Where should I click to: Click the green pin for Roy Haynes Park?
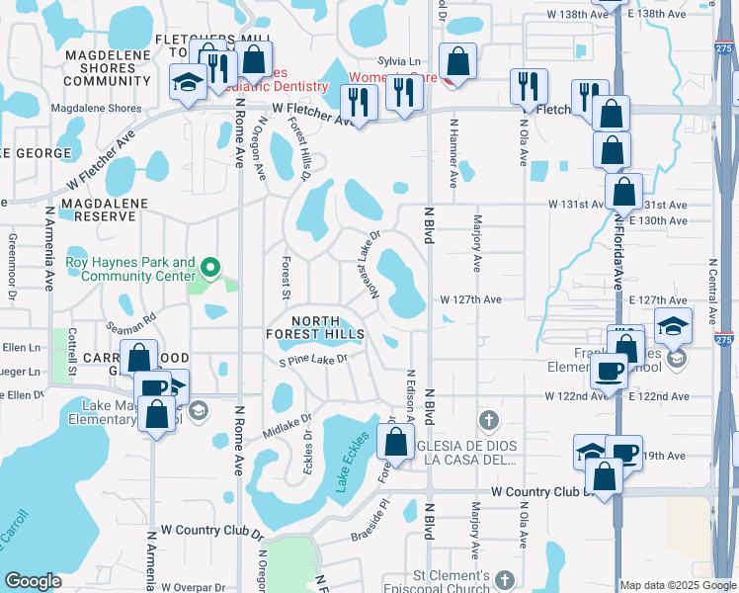pyautogui.click(x=209, y=268)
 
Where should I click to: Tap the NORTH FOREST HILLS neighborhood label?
pyautogui.click(x=315, y=327)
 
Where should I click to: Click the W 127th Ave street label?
pyautogui.click(x=471, y=299)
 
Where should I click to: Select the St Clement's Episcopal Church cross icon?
pyautogui.click(x=505, y=580)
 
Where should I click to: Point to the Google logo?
pyautogui.click(x=33, y=582)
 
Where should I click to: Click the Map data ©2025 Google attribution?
pyautogui.click(x=677, y=585)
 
